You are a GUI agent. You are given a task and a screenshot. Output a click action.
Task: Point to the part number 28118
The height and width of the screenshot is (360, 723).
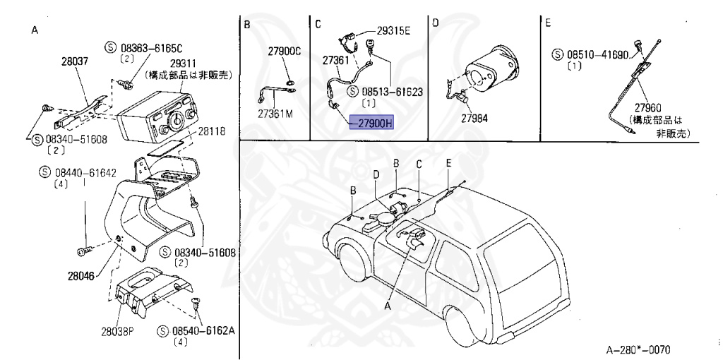click(212, 131)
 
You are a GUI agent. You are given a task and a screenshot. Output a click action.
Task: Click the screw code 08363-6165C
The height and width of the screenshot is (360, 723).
click(150, 47)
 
